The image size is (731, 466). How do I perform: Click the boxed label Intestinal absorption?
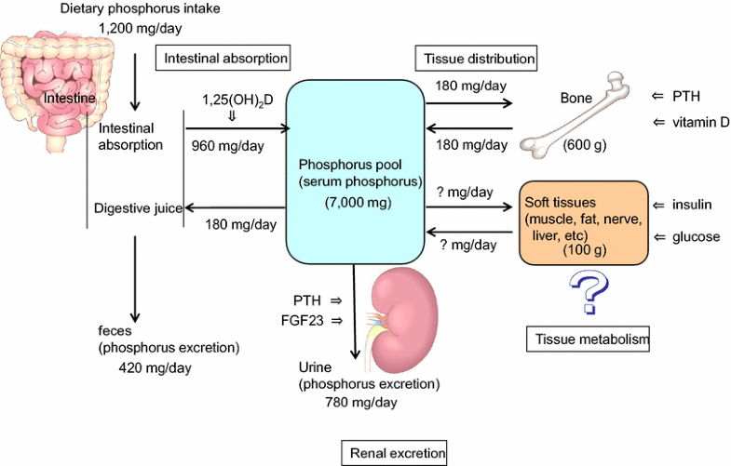pos(222,58)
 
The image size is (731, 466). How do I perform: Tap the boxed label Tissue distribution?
pos(476,58)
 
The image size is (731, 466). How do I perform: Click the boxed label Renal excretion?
pos(392,453)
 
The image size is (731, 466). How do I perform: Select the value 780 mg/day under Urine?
pos(361,402)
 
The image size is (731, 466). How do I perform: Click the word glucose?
pos(696,236)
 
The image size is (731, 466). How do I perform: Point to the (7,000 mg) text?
pos(354,202)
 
